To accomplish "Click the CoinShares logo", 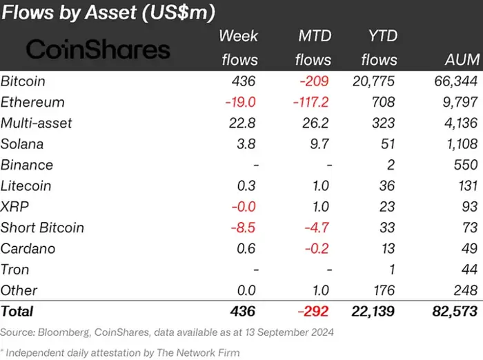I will [x=97, y=49].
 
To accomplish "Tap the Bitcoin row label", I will [x=23, y=81].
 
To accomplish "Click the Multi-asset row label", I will [x=36, y=123].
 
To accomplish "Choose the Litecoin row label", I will [x=26, y=186].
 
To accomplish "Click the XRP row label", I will [x=14, y=206].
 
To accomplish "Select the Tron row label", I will [x=15, y=269].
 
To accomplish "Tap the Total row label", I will [x=17, y=312].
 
